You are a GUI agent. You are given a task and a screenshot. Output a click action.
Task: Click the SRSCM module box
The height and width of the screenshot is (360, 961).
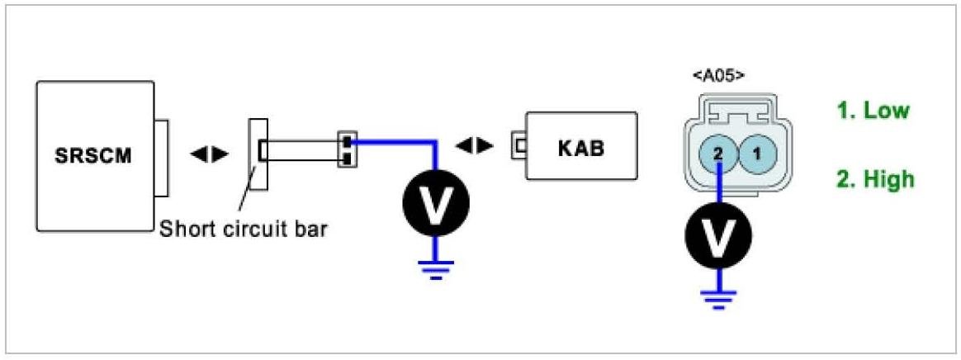95,154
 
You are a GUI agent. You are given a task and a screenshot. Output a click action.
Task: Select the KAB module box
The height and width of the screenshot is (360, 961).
581,148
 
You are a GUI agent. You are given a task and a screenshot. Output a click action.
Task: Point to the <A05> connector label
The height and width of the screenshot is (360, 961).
718,75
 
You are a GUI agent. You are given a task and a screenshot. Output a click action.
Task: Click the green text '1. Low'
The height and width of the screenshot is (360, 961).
873,111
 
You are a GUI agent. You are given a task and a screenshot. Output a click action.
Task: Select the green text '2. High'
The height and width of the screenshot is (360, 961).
875,178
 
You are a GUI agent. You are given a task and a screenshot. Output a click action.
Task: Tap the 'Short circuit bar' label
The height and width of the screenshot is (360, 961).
244,228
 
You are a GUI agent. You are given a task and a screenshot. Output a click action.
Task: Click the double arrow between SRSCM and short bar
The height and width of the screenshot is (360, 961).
208,154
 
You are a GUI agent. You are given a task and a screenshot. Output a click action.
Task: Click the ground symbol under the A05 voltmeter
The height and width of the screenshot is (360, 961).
719,299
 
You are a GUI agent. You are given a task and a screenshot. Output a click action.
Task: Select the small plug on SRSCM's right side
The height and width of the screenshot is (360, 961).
161,158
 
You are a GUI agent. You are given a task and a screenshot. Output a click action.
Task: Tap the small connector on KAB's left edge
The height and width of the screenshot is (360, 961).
518,146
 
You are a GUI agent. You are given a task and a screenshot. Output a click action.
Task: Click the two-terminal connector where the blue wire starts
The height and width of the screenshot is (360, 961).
347,147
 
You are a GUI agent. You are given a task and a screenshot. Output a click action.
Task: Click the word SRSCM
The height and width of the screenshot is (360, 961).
95,155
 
